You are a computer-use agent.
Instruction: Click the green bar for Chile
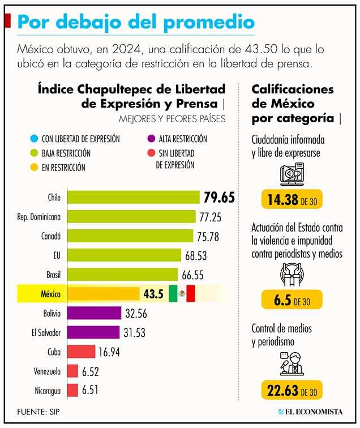tap(133, 197)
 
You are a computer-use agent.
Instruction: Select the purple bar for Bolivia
tap(94, 313)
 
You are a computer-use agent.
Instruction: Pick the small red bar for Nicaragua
tap(72, 390)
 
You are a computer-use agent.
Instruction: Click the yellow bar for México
tap(103, 294)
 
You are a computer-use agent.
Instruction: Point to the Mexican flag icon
tap(182, 294)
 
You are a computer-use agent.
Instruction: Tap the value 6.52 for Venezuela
tap(91, 371)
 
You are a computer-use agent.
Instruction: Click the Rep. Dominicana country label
tap(40, 216)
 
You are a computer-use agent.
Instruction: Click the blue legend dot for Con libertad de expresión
tap(35, 139)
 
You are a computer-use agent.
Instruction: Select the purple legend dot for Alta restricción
tap(150, 139)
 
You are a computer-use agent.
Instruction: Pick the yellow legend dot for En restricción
tap(35, 168)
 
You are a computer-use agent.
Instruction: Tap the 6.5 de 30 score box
tap(292, 301)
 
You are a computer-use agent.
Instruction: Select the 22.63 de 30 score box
tap(292, 391)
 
